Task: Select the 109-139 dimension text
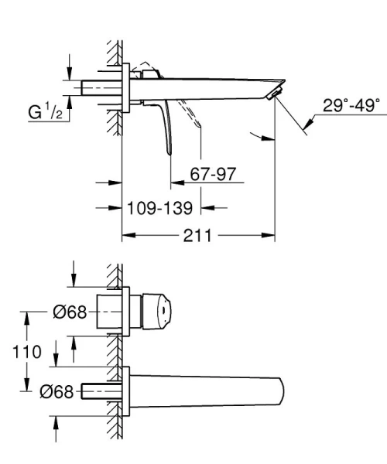(x=163, y=207)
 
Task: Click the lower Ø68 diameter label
(x=57, y=392)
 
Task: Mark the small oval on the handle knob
(x=163, y=313)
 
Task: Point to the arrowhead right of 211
(x=270, y=234)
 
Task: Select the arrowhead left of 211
(x=127, y=234)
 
